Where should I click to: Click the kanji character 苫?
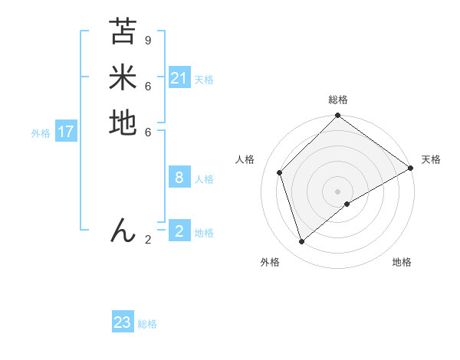pos(123,32)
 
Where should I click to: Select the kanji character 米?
pos(123,77)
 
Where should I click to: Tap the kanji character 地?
pos(123,123)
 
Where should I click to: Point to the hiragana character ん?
pos(123,230)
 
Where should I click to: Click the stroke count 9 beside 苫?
pos(148,40)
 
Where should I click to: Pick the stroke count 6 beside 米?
pos(148,86)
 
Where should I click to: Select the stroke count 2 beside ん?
pos(148,240)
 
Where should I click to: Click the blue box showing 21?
pos(179,78)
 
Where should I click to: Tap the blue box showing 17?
pos(66,132)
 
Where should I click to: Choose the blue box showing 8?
pos(179,178)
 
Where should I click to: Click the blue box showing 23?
pos(123,322)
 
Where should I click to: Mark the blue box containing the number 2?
pos(179,231)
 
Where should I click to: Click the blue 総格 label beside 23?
pos(148,324)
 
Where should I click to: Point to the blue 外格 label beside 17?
pos(41,133)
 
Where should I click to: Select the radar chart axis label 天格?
pos(431,159)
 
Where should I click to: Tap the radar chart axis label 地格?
pos(402,262)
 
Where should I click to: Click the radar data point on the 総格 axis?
pos(337,116)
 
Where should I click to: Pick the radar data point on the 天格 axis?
pos(410,168)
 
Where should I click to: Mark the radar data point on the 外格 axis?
pos(302,242)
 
